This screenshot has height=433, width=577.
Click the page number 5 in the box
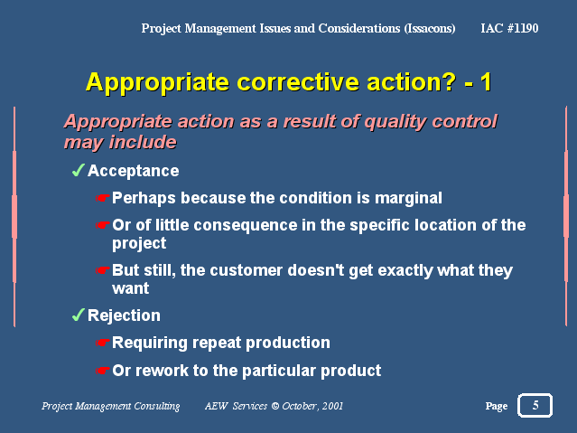tap(535, 405)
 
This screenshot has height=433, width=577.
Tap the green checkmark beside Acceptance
tap(78, 170)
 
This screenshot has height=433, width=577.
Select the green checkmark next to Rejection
tap(78, 315)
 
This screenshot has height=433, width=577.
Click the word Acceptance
tap(134, 171)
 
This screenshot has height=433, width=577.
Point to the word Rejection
tap(124, 315)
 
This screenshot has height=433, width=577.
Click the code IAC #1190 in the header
tap(509, 28)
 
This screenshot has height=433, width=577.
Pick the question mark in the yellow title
tap(450, 81)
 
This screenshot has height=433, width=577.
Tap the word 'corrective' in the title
tap(298, 82)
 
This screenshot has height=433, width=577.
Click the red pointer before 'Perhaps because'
tap(103, 198)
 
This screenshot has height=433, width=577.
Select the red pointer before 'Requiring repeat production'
tap(103, 343)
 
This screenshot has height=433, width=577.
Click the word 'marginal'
tap(408, 199)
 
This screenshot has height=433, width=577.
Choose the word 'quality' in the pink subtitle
tap(396, 122)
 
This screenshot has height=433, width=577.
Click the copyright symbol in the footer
tap(275, 406)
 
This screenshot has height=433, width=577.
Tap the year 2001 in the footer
tap(332, 406)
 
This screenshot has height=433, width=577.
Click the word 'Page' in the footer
tap(497, 406)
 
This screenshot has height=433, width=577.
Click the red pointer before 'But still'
tap(103, 270)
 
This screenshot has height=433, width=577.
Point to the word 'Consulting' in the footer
tap(157, 406)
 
